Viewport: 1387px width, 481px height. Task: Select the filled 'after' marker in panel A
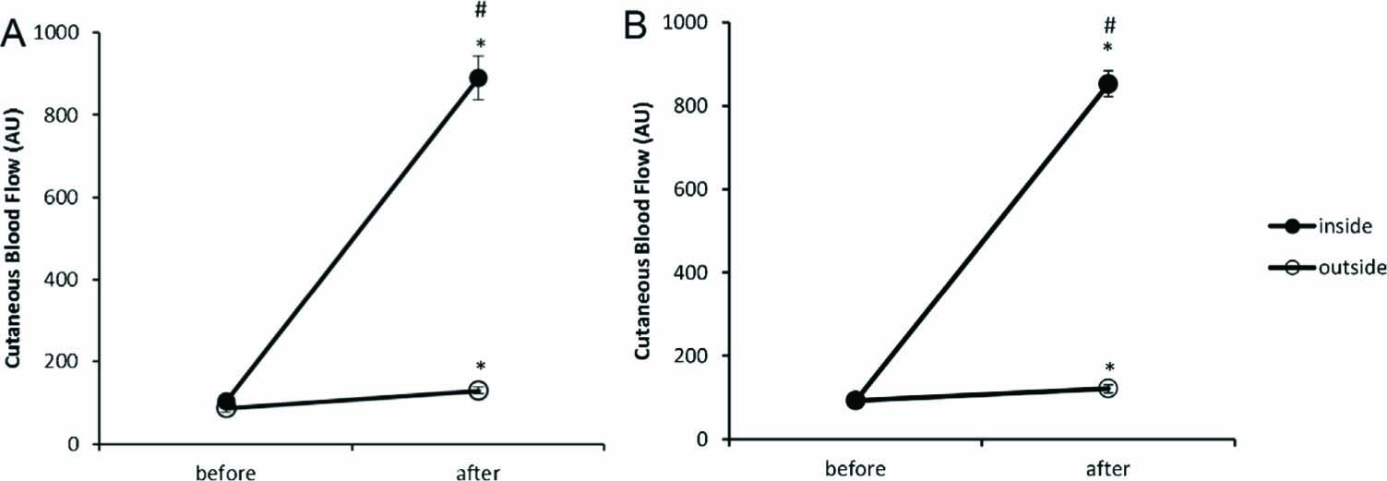pyautogui.click(x=478, y=78)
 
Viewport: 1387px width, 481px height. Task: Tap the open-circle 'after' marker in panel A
pyautogui.click(x=478, y=391)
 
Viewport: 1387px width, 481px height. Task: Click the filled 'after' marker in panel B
pyautogui.click(x=1107, y=85)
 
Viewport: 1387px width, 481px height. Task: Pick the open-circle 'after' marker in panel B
pyautogui.click(x=1107, y=388)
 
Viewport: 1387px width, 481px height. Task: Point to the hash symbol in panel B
pyautogui.click(x=1110, y=25)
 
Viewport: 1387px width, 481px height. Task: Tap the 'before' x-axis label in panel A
pyautogui.click(x=226, y=473)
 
